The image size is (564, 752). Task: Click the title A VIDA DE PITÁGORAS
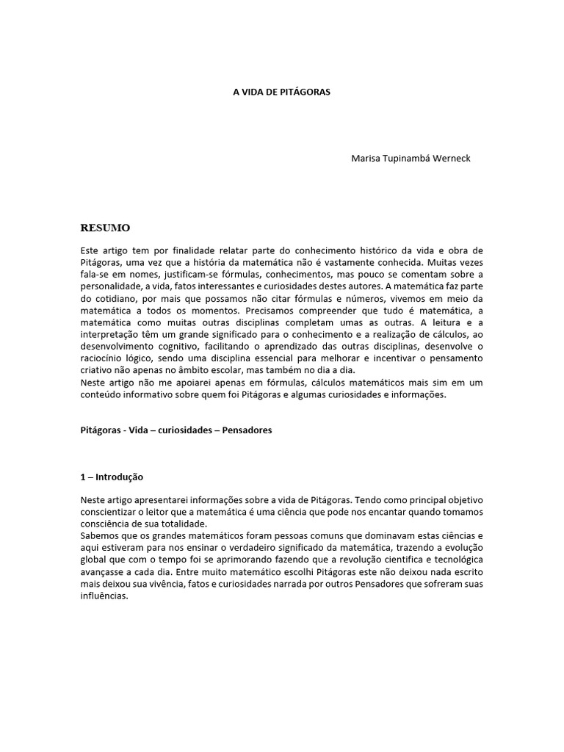click(282, 93)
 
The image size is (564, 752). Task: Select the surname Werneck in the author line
click(449, 158)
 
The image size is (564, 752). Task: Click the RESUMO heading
click(105, 228)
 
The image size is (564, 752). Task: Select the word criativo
click(98, 371)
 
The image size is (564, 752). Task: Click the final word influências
click(104, 596)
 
